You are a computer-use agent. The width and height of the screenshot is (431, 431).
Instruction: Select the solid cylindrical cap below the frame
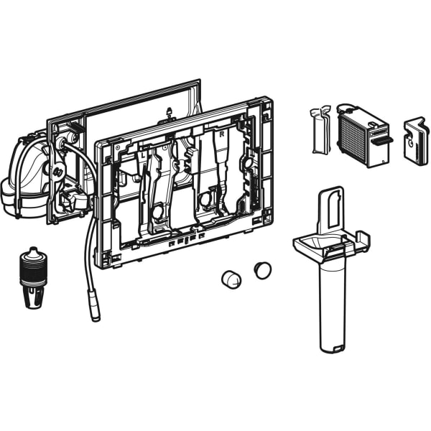pos(231,279)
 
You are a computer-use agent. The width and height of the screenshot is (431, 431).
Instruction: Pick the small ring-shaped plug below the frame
pos(262,271)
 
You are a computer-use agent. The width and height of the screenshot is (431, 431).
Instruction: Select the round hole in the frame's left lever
pos(156,212)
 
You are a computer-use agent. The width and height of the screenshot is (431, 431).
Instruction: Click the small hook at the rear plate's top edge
pos(169,111)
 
